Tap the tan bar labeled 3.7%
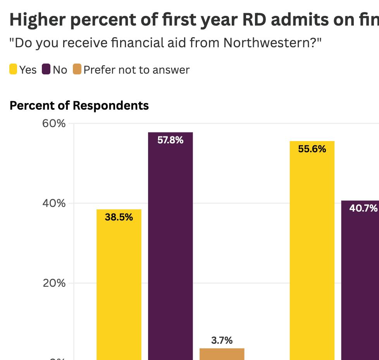[x=222, y=354]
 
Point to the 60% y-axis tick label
[x=54, y=124]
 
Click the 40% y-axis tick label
[x=54, y=203]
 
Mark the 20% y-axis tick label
[x=54, y=283]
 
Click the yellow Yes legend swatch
[x=13, y=70]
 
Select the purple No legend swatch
[x=47, y=70]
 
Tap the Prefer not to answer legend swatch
[x=77, y=70]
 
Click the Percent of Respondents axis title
[x=79, y=105]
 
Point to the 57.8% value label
[x=170, y=140]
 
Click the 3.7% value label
[x=222, y=341]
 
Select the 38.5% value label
[x=119, y=217]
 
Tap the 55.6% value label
[x=312, y=149]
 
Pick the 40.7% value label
[x=363, y=208]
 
